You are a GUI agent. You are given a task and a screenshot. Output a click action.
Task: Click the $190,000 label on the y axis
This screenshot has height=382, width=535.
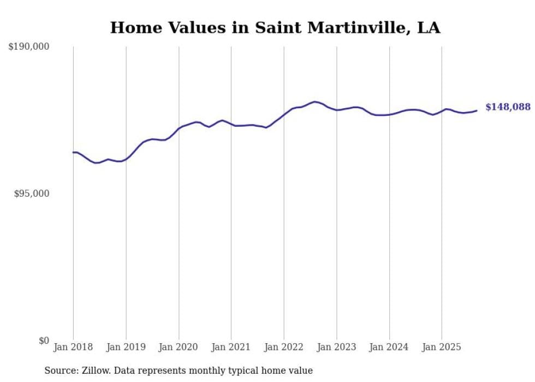tap(28, 47)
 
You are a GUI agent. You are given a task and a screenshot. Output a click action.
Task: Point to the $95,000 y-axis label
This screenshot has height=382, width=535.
tap(31, 193)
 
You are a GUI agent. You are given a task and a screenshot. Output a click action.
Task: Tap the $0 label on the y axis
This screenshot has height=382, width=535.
tap(44, 340)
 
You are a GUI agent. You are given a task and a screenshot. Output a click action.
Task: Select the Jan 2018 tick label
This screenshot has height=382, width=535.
tap(73, 347)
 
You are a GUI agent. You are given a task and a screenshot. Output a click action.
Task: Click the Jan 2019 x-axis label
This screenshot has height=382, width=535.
tap(126, 347)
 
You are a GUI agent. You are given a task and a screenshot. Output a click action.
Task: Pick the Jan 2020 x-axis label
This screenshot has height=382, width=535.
tap(179, 347)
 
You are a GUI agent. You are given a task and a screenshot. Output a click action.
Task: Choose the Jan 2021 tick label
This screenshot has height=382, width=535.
tap(231, 347)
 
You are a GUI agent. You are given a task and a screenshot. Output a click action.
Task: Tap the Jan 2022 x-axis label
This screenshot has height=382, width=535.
tap(284, 347)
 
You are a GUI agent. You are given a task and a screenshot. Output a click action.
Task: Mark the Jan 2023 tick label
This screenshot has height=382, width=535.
tap(336, 347)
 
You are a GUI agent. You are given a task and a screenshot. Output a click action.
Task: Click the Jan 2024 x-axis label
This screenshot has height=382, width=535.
tap(389, 347)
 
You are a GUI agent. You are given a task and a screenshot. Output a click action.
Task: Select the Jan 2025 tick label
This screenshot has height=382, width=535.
tap(442, 347)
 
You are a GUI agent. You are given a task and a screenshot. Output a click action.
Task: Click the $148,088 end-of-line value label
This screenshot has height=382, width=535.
tap(508, 107)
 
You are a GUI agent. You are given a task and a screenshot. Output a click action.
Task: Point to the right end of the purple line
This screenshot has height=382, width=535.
tap(477, 111)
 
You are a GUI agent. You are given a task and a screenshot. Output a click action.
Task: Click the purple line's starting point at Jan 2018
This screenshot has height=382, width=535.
tap(74, 152)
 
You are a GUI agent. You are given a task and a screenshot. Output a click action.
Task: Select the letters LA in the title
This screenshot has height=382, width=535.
tap(429, 27)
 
